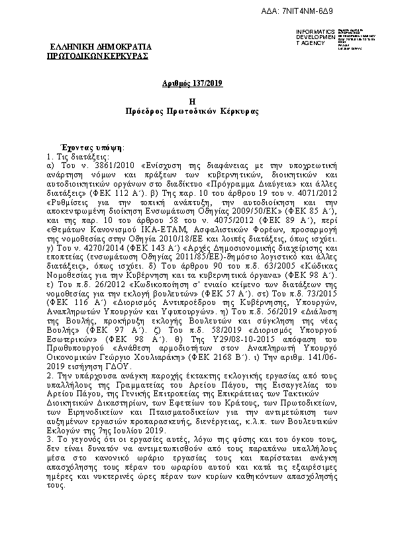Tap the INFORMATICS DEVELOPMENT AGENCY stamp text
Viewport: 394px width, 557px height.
click(311, 37)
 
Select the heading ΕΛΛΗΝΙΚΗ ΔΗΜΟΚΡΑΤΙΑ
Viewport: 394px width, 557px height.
click(101, 48)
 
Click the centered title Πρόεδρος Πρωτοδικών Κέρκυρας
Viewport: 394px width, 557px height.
click(196, 111)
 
